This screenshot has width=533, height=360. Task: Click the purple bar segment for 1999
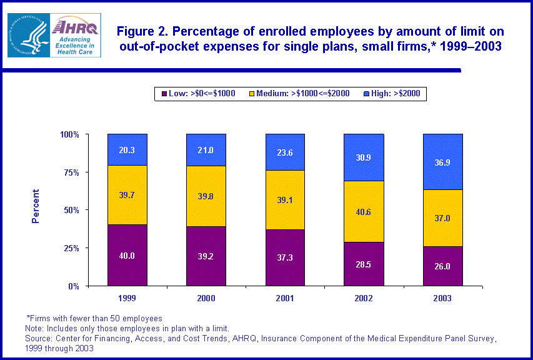tap(127, 255)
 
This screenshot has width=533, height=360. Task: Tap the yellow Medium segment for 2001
tap(285, 200)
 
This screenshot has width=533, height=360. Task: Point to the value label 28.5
tap(364, 264)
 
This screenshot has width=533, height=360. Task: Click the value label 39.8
tap(206, 197)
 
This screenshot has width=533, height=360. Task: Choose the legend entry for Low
tap(199, 94)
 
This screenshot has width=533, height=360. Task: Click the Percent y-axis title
tap(36, 206)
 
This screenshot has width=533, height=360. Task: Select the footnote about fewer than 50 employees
tap(94, 319)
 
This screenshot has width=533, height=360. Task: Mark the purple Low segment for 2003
tap(442, 266)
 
